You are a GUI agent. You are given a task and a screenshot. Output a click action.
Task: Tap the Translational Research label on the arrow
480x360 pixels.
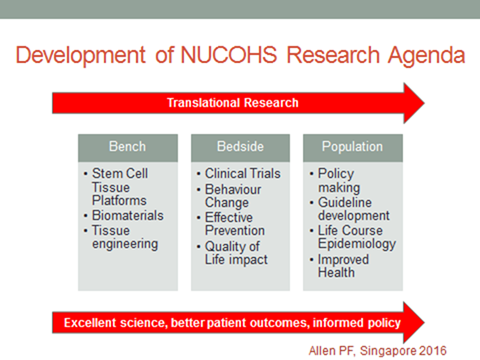coord(231,102)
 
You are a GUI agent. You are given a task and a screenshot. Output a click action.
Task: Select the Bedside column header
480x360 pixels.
coord(239,146)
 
